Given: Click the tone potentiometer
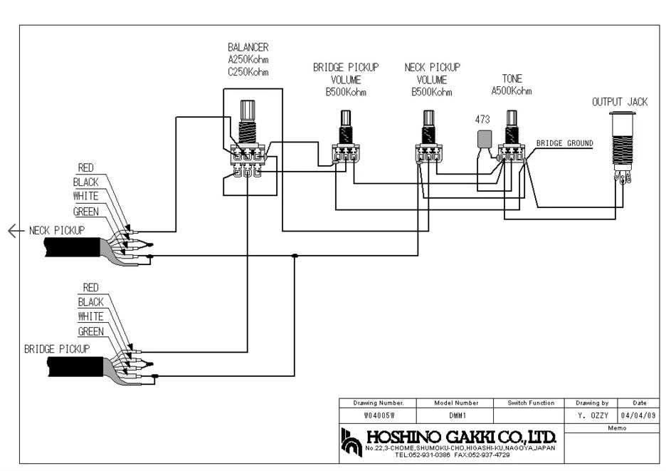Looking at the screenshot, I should click(511, 139).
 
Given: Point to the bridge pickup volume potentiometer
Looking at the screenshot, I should click(345, 139).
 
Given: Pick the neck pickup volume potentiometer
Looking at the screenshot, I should click(428, 139).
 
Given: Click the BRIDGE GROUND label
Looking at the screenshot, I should click(564, 143).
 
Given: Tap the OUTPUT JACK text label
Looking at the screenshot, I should click(620, 102).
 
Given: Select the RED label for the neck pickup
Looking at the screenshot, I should click(85, 167).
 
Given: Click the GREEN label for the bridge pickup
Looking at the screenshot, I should click(90, 331).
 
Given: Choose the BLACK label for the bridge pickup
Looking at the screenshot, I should click(90, 302).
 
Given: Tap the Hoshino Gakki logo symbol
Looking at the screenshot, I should click(351, 441).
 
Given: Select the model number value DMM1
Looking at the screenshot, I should click(457, 415).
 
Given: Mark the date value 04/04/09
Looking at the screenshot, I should click(638, 415).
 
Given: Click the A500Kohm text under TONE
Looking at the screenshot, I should click(511, 91).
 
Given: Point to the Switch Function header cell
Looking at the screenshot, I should click(531, 403).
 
